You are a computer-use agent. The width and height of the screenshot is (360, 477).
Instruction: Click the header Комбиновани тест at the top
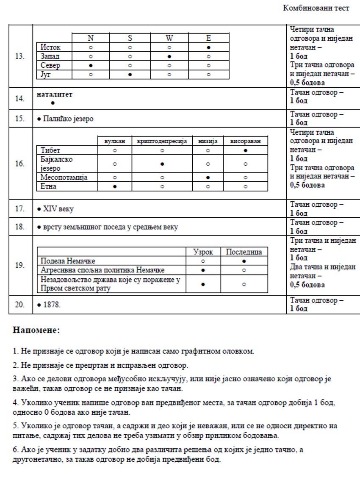(x=316, y=8)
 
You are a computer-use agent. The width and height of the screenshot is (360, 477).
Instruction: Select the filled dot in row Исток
(x=209, y=47)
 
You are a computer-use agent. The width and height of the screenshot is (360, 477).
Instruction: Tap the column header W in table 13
(x=169, y=38)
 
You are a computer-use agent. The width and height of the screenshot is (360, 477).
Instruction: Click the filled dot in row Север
(x=91, y=66)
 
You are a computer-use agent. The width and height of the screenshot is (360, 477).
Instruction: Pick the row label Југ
(x=45, y=75)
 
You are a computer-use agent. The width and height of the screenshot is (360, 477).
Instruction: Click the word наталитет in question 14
(x=55, y=94)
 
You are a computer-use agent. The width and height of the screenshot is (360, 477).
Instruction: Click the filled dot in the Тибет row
(x=245, y=150)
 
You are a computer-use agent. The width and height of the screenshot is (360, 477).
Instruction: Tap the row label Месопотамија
(x=64, y=177)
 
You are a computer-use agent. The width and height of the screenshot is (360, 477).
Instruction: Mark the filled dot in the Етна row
(x=115, y=186)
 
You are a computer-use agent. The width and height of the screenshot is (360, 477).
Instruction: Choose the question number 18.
(x=20, y=227)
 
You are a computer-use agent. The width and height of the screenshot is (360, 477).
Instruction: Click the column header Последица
(x=244, y=252)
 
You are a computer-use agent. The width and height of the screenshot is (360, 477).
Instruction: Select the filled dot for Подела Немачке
(x=244, y=261)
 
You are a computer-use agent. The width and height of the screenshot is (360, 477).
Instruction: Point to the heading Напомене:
(x=36, y=330)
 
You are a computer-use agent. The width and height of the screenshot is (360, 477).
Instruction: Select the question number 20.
(x=20, y=305)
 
